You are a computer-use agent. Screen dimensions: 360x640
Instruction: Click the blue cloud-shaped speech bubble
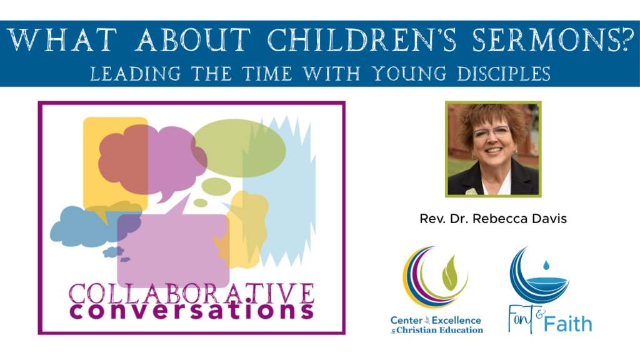click(78, 228)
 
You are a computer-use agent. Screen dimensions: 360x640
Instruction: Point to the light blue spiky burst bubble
click(294, 200)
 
